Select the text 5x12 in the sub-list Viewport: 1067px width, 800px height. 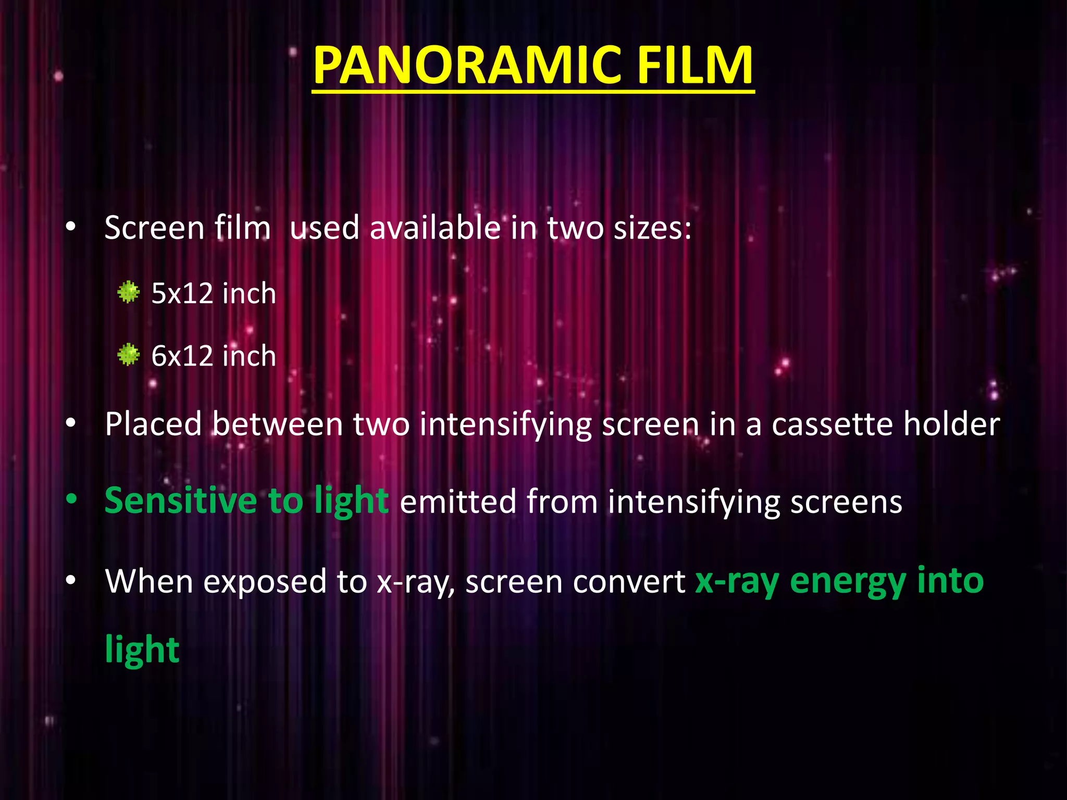(x=182, y=293)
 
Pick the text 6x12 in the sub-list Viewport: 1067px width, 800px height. (x=182, y=356)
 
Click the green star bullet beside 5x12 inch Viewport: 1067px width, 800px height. (x=128, y=292)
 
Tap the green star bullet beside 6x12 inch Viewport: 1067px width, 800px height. (x=128, y=355)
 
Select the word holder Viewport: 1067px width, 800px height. (x=952, y=424)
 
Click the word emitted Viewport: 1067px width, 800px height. (x=457, y=502)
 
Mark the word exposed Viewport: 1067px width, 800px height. (x=265, y=581)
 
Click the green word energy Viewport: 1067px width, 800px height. (x=848, y=581)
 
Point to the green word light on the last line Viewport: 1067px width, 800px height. (x=142, y=649)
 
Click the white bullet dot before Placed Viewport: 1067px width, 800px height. (x=71, y=423)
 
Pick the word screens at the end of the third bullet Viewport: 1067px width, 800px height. (x=846, y=502)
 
